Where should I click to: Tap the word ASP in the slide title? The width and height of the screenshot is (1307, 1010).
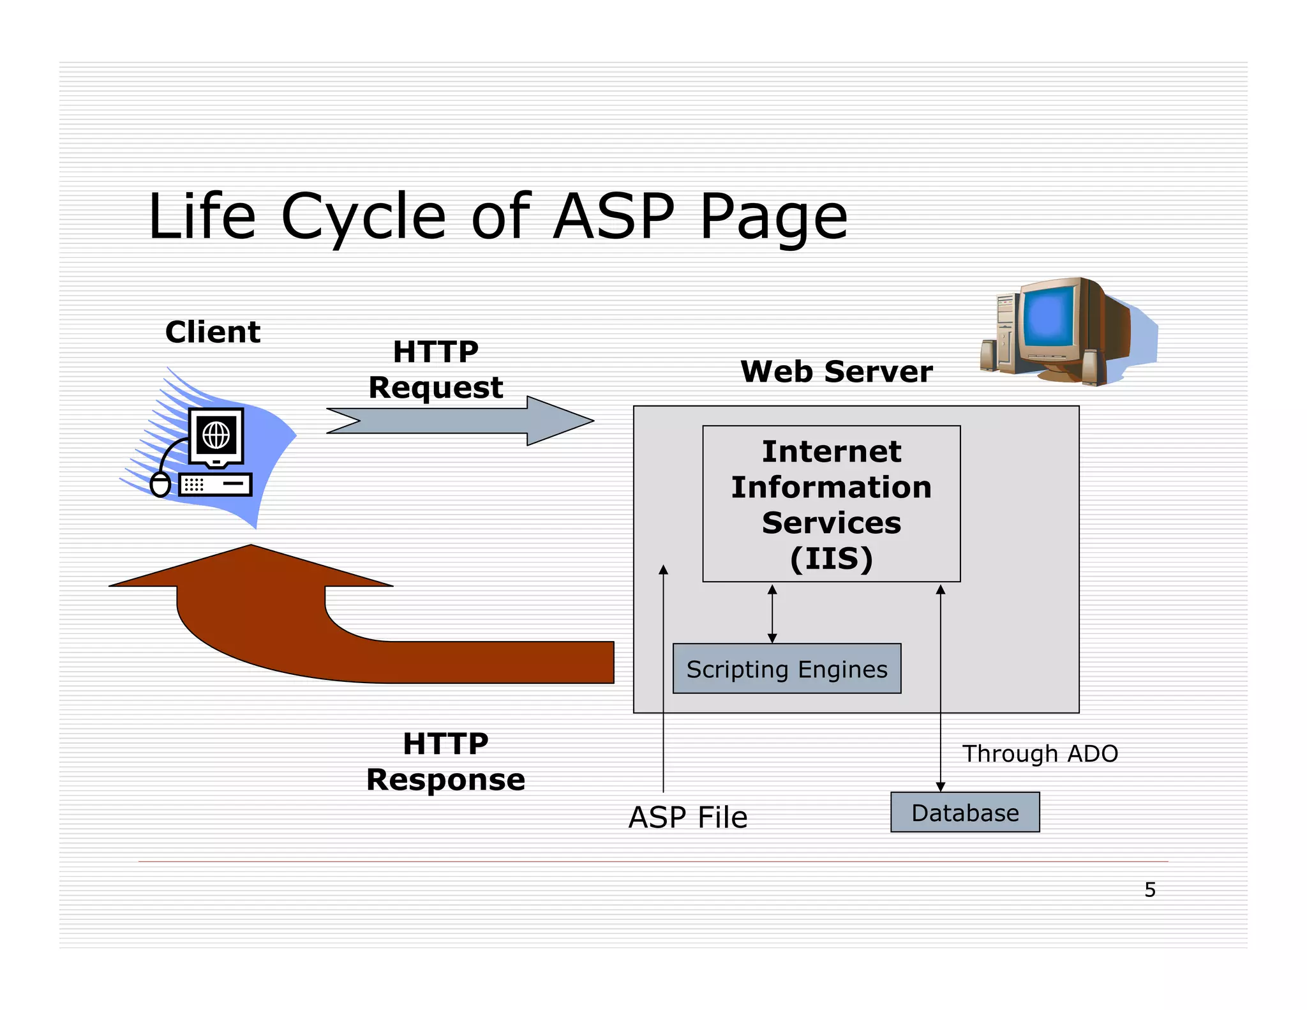point(613,217)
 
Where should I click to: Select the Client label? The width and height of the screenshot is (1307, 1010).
point(213,332)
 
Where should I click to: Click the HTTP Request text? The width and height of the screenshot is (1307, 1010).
point(436,370)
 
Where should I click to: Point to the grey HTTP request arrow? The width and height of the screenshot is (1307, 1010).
point(459,421)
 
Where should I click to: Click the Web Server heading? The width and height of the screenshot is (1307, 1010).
point(836,372)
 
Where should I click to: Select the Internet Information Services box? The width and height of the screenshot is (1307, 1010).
point(831,503)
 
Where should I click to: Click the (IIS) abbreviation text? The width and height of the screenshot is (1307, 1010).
point(831,559)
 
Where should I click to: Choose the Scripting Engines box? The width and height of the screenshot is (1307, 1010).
point(786,669)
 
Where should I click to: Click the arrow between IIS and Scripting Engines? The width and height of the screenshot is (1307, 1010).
point(772,614)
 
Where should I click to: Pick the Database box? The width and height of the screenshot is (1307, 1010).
point(964,813)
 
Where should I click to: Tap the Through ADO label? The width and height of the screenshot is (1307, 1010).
point(1040,753)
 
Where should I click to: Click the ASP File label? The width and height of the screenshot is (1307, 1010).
point(687,817)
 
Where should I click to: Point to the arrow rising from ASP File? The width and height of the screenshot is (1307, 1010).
point(663,677)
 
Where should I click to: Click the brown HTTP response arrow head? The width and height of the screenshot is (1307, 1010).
point(251,568)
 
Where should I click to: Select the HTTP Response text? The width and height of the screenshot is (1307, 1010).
point(445,762)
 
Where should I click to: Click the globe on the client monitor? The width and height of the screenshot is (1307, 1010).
point(216,435)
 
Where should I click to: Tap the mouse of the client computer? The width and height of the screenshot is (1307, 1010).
point(160,485)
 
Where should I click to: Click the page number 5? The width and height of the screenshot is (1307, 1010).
point(1149,889)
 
